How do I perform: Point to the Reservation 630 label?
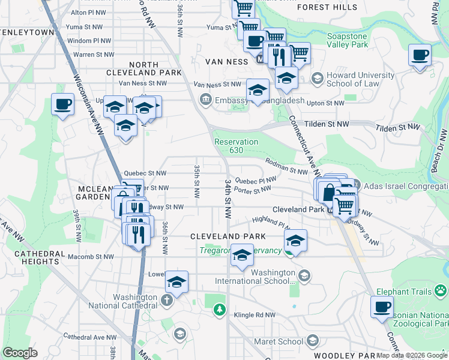pyautogui.click(x=237, y=146)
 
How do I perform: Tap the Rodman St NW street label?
pyautogui.click(x=286, y=166)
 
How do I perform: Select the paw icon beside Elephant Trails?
pyautogui.click(x=442, y=291)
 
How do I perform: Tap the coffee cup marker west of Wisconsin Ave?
pyautogui.click(x=63, y=105)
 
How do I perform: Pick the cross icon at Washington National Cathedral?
pyautogui.click(x=166, y=298)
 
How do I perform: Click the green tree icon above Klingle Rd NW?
pyautogui.click(x=220, y=310)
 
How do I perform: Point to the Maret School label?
pyautogui.click(x=282, y=341)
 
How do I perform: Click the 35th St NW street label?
pyautogui.click(x=196, y=180)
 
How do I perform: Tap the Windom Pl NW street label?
pyautogui.click(x=88, y=41)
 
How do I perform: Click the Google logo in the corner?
pyautogui.click(x=20, y=352)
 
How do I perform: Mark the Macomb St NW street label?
pyautogui.click(x=91, y=257)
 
